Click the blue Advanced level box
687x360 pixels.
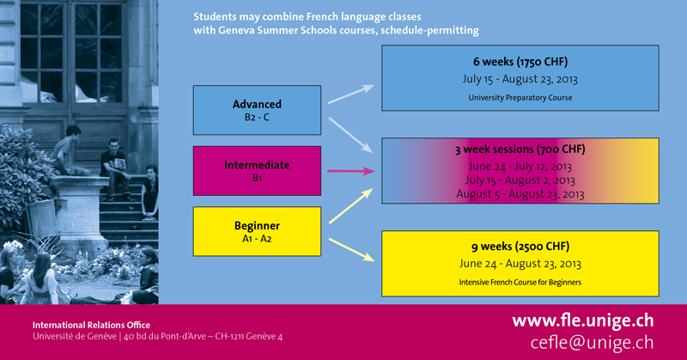(257, 110)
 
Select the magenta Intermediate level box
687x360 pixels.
(257, 171)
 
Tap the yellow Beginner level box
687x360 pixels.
(257, 231)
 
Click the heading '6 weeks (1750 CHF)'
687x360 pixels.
(520, 62)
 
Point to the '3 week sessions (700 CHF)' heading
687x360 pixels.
(520, 149)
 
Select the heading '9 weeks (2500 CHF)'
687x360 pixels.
(520, 247)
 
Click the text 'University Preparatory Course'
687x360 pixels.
(520, 98)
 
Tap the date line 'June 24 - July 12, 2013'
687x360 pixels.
(520, 166)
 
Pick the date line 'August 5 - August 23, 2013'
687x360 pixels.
(520, 194)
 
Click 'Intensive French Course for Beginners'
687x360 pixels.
(520, 283)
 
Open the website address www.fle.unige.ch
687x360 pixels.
(583, 321)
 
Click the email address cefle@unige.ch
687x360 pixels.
(592, 343)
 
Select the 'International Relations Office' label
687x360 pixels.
(91, 325)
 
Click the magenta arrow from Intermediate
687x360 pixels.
(351, 171)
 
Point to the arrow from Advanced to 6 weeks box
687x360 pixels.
(351, 95)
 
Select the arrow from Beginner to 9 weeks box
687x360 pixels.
(352, 249)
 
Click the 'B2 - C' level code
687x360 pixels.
(257, 118)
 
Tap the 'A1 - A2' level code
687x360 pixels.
(257, 239)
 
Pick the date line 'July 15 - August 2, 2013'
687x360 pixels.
(520, 180)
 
